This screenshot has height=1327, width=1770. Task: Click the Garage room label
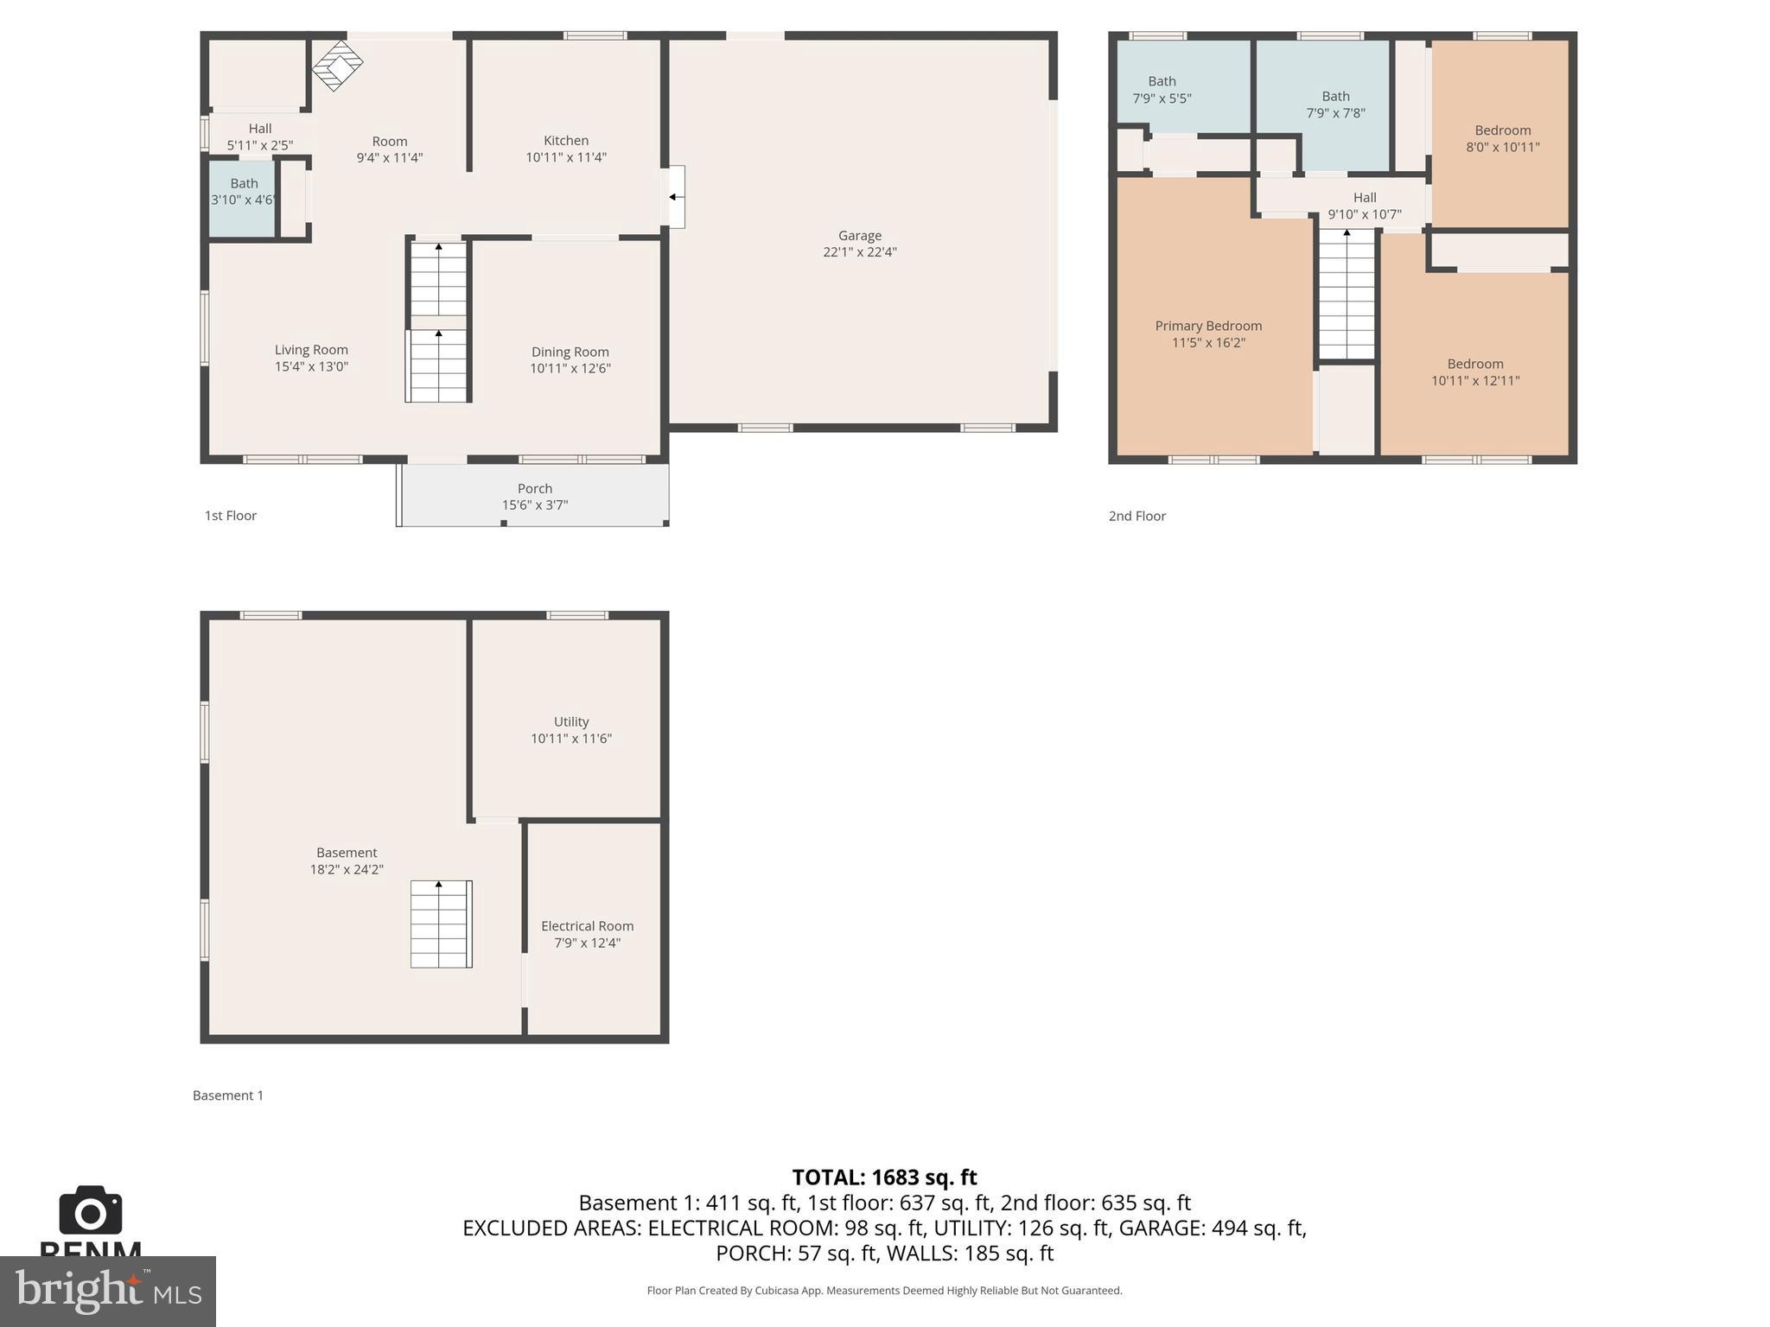tap(859, 235)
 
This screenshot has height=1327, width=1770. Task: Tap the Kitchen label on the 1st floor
tap(566, 140)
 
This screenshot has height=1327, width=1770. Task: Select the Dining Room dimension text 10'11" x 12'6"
tap(570, 368)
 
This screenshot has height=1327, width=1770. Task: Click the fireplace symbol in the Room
tap(337, 65)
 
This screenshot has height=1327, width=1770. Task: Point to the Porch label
tap(534, 488)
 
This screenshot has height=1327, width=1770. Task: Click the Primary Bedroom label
tap(1208, 326)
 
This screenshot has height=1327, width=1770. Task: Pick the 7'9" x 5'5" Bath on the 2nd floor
tap(1162, 90)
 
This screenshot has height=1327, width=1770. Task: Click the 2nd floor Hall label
tap(1365, 197)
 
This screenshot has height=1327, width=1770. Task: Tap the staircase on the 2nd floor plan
tap(1347, 294)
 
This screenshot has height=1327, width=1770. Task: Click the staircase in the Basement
tap(440, 924)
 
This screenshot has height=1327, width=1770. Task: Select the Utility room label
tap(570, 721)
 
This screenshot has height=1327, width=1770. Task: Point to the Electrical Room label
tap(587, 925)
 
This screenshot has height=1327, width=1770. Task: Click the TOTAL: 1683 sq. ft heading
tap(884, 1177)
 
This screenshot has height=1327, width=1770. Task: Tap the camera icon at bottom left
tap(90, 1211)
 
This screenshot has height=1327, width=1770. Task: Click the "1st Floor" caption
tap(230, 516)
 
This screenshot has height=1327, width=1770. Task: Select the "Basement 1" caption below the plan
tap(228, 1095)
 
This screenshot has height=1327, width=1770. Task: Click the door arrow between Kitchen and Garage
tap(673, 197)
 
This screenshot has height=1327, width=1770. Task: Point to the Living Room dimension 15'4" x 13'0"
tap(311, 366)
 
